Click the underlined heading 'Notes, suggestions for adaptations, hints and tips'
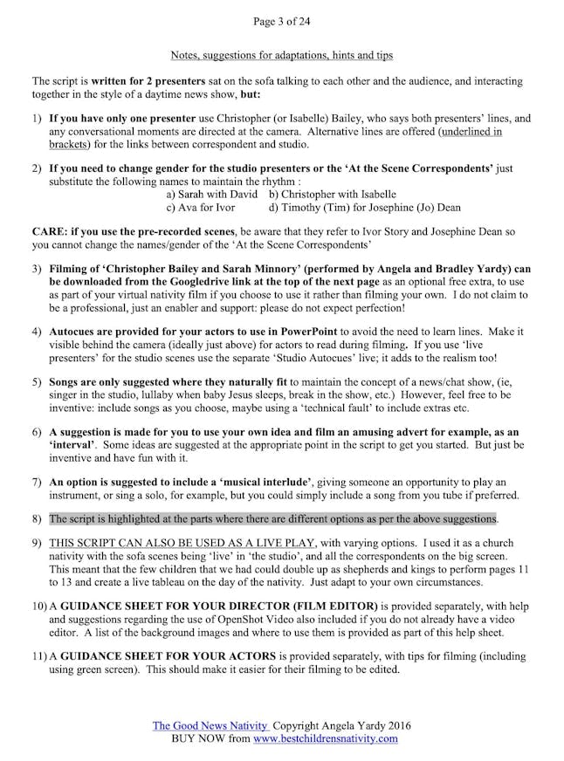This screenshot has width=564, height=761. (281, 56)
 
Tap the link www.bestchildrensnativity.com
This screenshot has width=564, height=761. (327, 738)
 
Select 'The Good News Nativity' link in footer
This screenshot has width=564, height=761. (197, 726)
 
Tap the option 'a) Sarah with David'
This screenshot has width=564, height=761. (212, 195)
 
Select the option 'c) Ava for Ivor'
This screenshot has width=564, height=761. (200, 208)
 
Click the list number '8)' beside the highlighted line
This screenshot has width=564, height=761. (37, 518)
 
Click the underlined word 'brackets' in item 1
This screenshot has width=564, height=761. (69, 144)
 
